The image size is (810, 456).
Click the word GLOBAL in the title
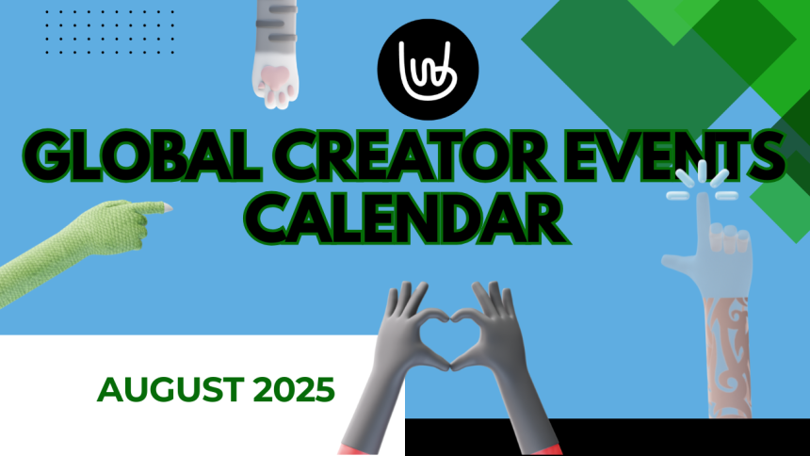[141, 155]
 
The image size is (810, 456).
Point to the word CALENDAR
[412, 217]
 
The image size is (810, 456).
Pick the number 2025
[294, 389]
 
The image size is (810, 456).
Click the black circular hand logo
[428, 70]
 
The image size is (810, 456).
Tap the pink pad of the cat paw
[274, 78]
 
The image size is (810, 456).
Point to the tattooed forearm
[727, 358]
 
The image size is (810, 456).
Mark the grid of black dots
[109, 31]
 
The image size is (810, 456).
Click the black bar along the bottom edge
[607, 437]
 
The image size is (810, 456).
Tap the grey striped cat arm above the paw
[276, 28]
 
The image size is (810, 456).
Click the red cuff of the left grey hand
[356, 448]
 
